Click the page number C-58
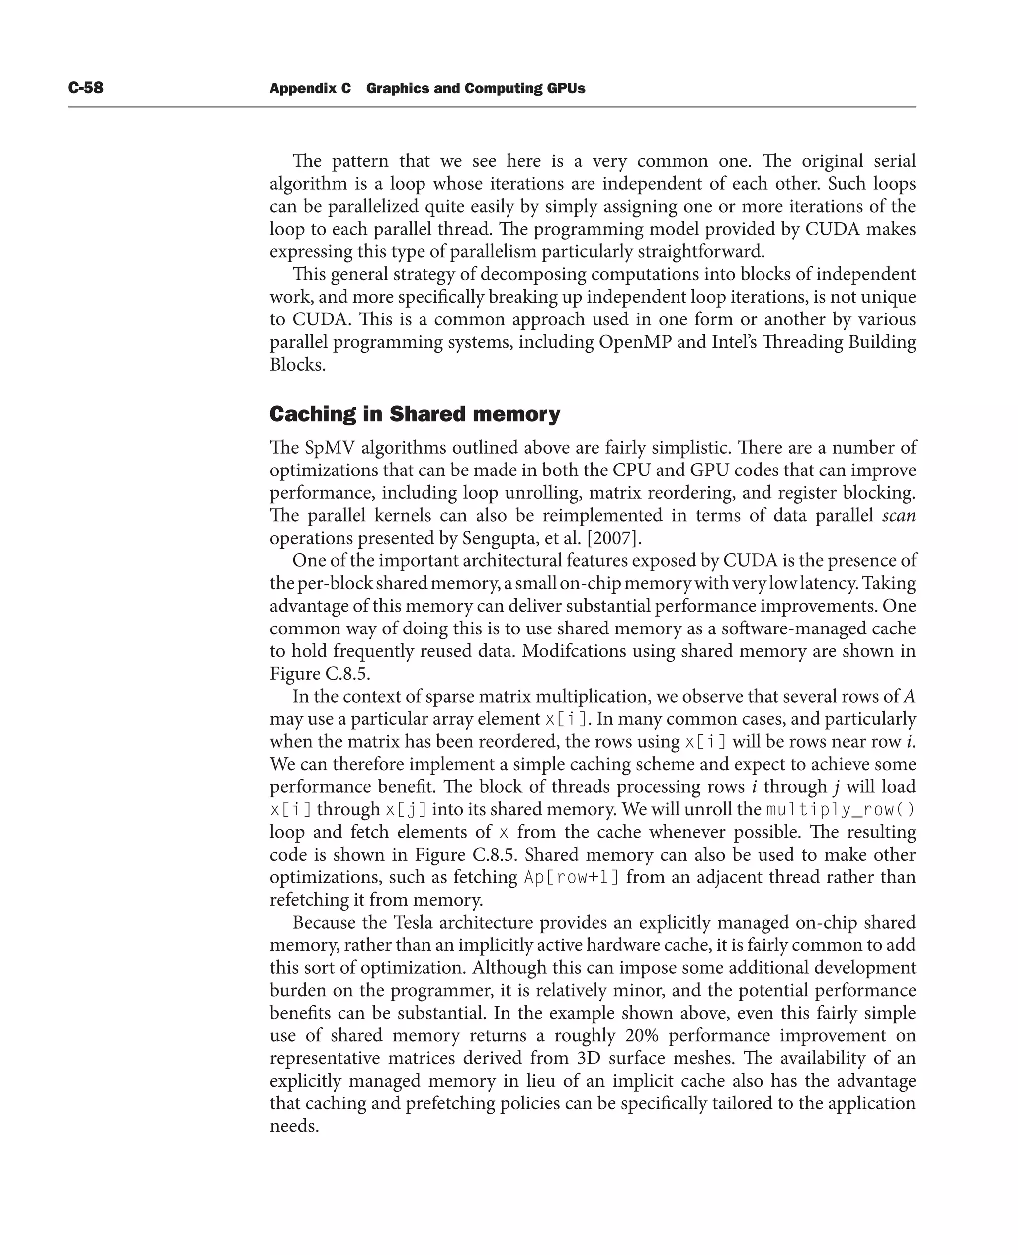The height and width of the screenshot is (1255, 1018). (x=85, y=88)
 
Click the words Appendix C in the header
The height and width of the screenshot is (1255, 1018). (x=310, y=88)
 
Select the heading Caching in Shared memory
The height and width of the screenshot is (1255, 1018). (x=415, y=414)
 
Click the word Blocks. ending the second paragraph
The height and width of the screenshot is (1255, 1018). (x=297, y=365)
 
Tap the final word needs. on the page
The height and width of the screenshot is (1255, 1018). (x=294, y=1126)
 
